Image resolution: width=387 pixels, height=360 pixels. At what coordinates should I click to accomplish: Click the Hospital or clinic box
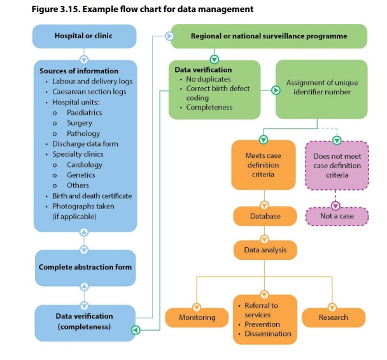tap(84, 36)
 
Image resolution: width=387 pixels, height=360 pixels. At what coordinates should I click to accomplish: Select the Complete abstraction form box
tap(85, 267)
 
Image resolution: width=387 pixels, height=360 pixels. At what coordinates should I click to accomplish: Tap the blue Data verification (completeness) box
tap(85, 321)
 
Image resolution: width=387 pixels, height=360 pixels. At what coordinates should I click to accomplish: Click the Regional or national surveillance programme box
tap(269, 36)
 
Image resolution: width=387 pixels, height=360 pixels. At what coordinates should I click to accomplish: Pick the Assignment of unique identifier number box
tap(321, 88)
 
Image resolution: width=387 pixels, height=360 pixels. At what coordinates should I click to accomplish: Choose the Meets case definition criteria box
tap(263, 164)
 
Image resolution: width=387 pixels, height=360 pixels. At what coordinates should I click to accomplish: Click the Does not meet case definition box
tap(337, 165)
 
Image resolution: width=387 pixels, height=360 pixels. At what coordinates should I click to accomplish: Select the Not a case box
tap(337, 216)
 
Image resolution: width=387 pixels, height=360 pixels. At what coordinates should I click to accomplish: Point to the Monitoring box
tap(197, 317)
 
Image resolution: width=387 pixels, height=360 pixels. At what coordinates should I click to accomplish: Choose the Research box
tap(333, 317)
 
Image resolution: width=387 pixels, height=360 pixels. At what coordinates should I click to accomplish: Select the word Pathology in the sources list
tap(83, 133)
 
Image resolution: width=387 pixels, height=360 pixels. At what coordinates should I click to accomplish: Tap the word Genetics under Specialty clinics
tap(81, 175)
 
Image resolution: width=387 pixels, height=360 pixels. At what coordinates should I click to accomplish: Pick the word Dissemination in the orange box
tap(267, 333)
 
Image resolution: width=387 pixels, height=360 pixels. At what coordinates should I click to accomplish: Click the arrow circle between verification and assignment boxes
tap(276, 90)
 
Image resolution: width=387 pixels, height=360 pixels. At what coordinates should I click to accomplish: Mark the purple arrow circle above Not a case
tap(336, 205)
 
